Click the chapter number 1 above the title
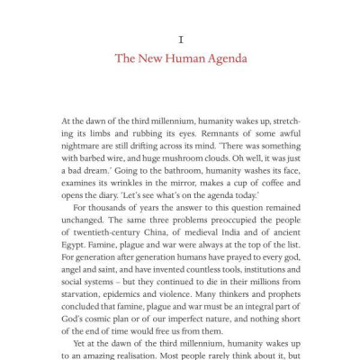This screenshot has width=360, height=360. pyautogui.click(x=181, y=40)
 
